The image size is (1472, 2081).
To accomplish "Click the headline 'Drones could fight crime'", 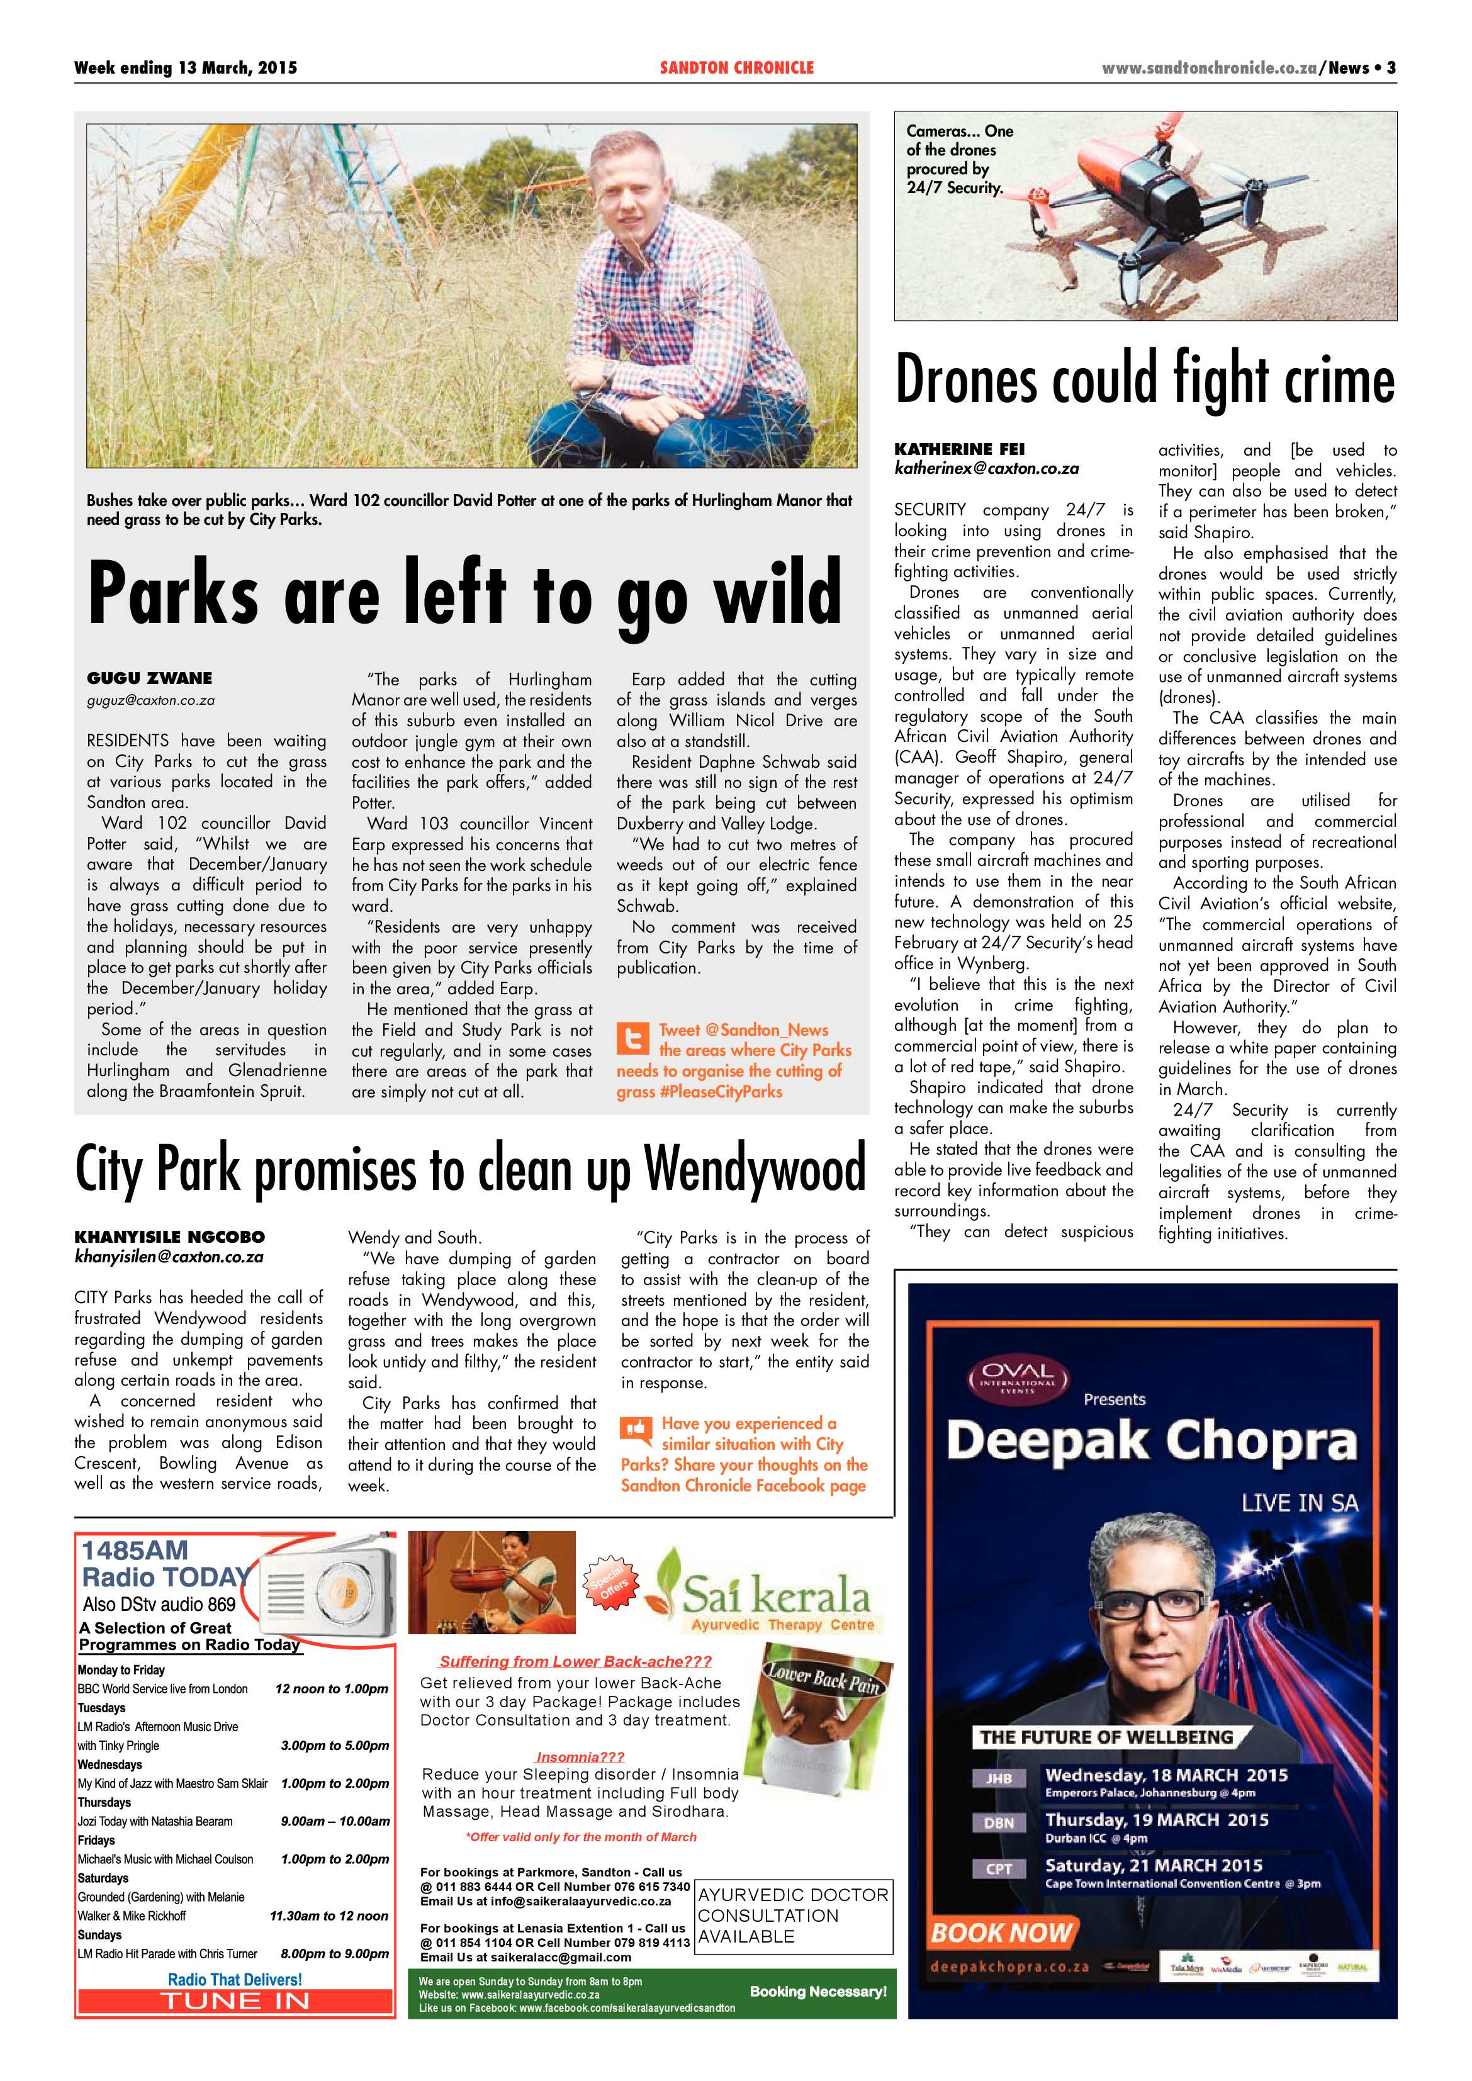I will pos(1144,381).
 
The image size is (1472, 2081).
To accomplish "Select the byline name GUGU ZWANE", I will pos(150,678).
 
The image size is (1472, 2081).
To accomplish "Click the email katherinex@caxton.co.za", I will pos(986,469).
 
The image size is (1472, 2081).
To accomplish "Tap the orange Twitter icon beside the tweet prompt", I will pos(632,1038).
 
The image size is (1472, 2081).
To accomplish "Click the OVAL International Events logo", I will pos(1017,1379).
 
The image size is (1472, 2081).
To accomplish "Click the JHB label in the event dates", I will pos(998,1779).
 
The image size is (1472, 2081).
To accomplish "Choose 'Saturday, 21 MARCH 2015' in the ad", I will pos(1153,1865).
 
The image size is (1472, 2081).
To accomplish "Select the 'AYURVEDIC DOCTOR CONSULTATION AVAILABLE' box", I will pos(793,1916).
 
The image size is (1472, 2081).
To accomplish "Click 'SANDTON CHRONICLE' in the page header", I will pos(736,68).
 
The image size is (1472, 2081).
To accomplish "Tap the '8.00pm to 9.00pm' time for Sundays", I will pos(334,1953).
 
